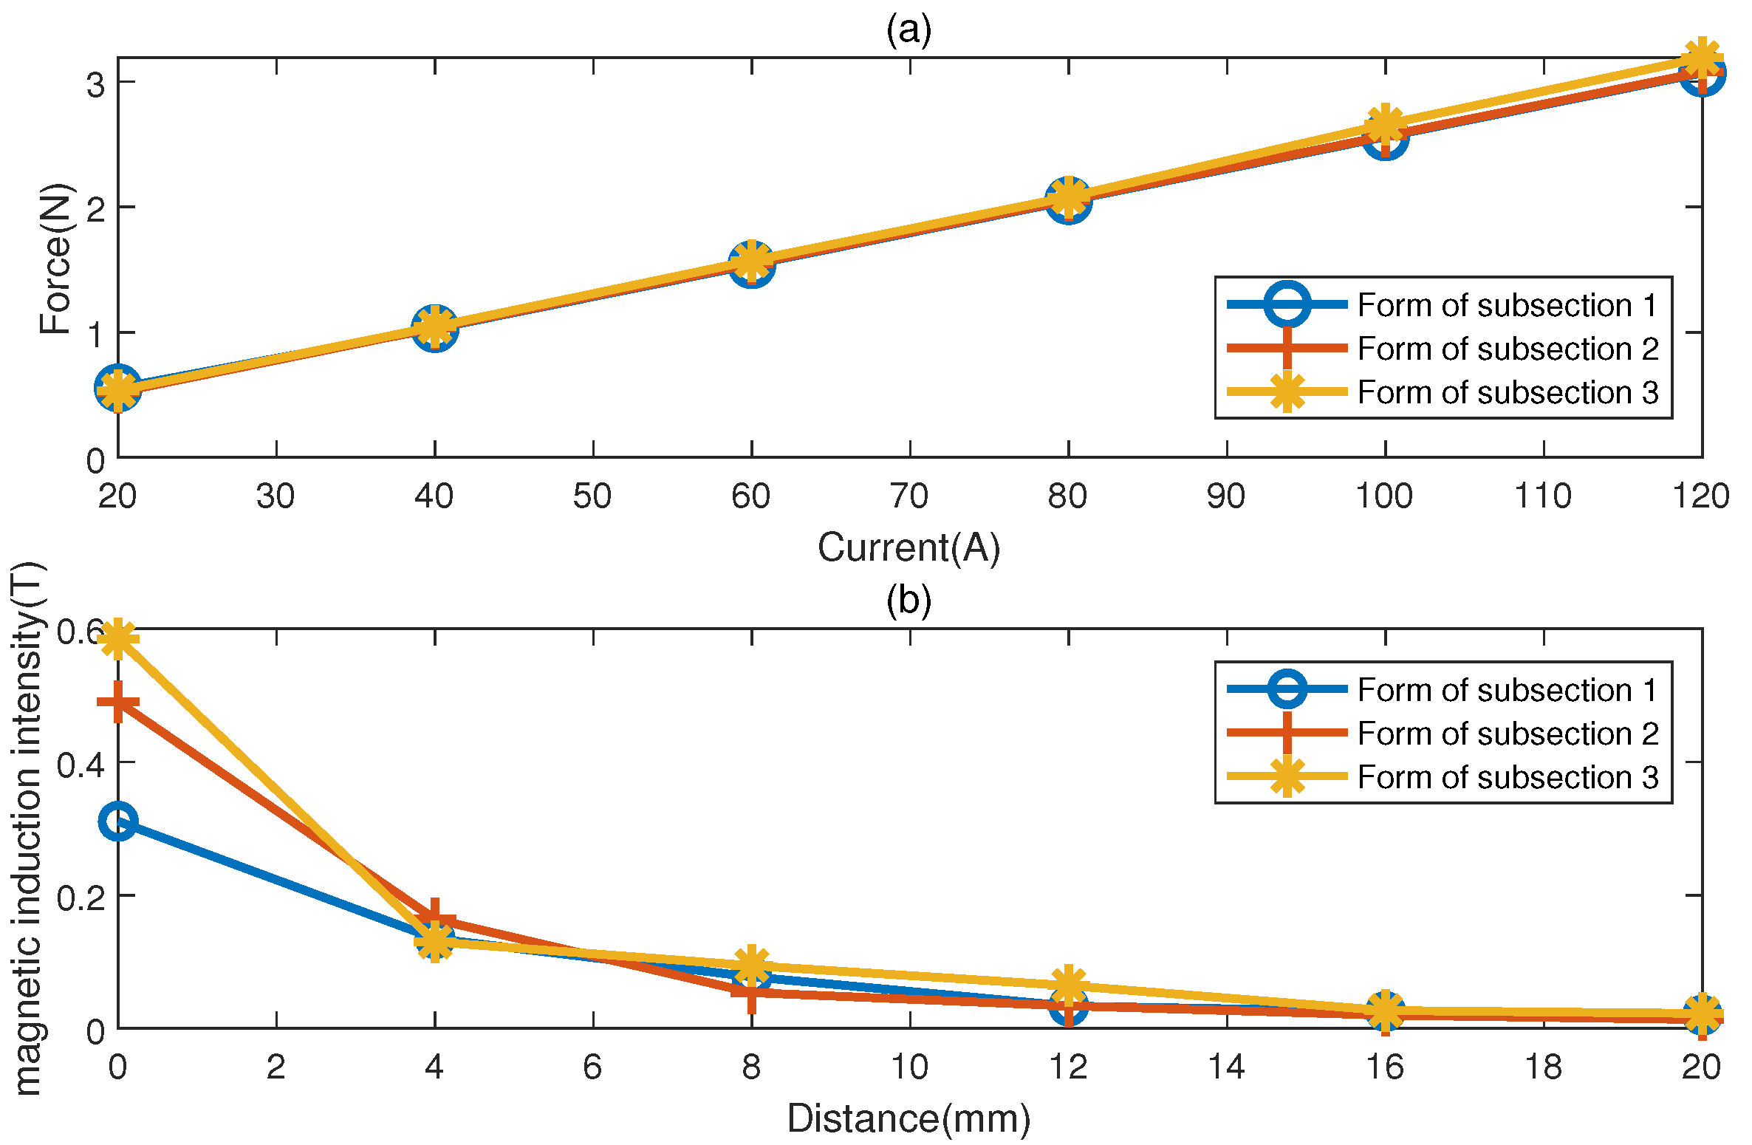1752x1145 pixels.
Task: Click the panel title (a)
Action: click(x=908, y=30)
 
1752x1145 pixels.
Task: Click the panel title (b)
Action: click(x=908, y=600)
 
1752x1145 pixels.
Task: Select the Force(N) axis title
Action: click(x=56, y=259)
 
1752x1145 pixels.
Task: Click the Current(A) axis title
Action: click(x=908, y=547)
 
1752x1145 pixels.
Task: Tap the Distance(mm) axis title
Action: click(x=908, y=1118)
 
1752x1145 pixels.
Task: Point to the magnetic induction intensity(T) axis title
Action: click(x=28, y=827)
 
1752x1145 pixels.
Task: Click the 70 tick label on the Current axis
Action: click(x=909, y=496)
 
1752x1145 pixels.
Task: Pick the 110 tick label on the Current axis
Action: click(x=1543, y=496)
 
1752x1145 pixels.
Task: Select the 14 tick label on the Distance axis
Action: click(x=1226, y=1067)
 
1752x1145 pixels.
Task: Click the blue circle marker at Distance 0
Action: click(x=118, y=821)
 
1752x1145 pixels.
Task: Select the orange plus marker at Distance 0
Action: click(x=118, y=702)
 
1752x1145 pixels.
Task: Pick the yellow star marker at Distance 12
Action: click(x=1068, y=985)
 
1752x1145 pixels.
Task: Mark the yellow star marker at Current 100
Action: click(x=1385, y=124)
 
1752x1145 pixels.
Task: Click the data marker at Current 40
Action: click(x=435, y=327)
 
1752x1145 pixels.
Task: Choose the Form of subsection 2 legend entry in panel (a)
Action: click(x=1507, y=349)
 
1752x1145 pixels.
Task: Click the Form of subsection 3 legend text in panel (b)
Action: click(x=1507, y=777)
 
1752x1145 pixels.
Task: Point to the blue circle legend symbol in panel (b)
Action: click(x=1287, y=689)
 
